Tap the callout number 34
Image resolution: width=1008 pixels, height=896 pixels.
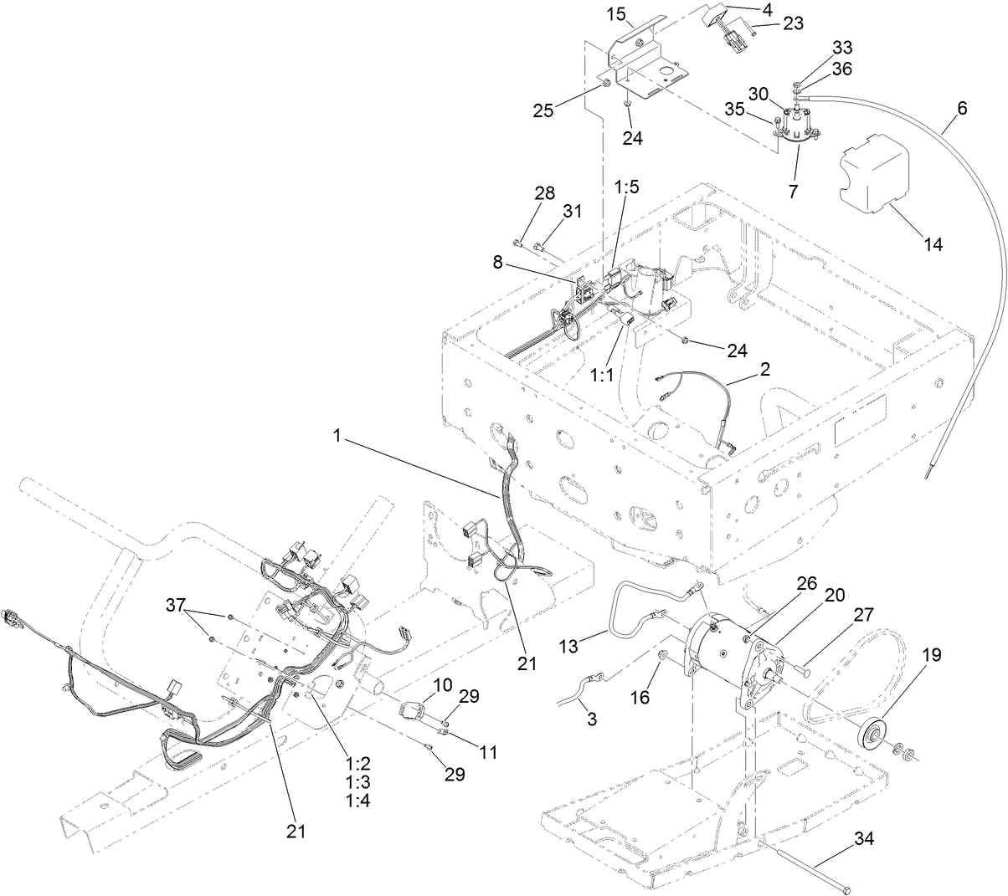[867, 837]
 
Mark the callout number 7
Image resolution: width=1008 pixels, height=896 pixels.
[792, 192]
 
